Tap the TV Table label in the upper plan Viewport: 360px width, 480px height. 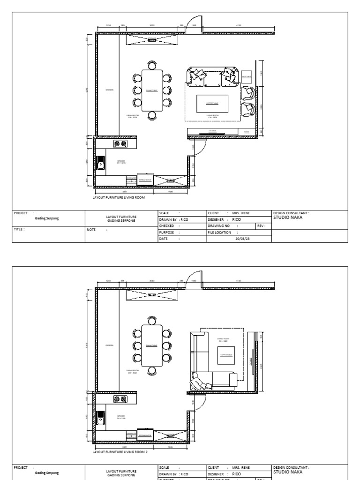point(212,131)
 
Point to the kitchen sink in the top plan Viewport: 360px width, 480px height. point(100,164)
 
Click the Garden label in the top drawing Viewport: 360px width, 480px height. point(109,90)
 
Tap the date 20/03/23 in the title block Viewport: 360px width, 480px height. point(239,238)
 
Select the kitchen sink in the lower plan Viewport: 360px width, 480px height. point(100,417)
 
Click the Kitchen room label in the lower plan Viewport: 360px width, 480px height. point(121,416)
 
